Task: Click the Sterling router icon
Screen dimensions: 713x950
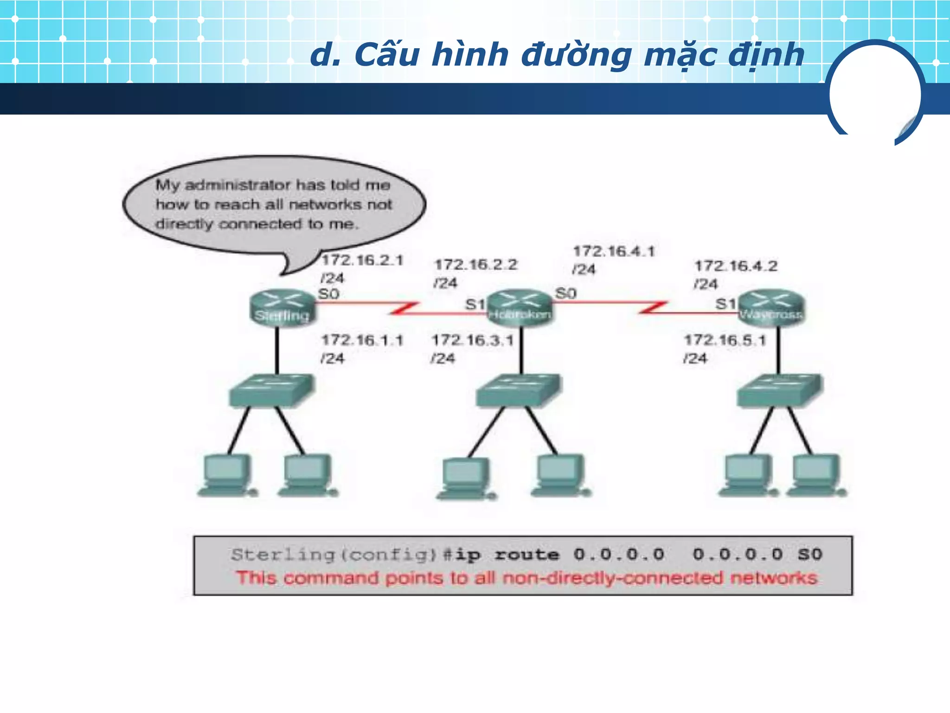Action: click(282, 307)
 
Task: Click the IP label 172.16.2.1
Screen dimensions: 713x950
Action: click(362, 260)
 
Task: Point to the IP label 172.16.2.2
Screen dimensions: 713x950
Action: click(475, 265)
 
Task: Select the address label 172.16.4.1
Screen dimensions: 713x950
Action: click(614, 252)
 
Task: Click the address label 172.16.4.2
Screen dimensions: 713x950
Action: click(736, 266)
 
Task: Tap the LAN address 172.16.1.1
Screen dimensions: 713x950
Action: click(362, 340)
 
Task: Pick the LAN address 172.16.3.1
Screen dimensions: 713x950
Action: click(473, 340)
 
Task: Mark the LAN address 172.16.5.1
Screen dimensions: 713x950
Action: click(725, 340)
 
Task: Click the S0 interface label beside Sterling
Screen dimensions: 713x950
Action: click(328, 294)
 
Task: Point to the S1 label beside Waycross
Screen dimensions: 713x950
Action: click(725, 304)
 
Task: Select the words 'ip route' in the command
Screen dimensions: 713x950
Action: click(507, 554)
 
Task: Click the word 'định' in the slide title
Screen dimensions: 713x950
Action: click(766, 55)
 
